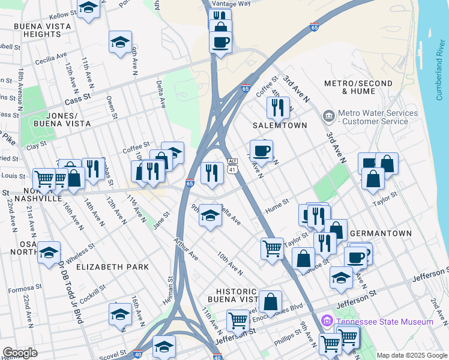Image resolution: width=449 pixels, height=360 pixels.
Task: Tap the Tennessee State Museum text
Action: click(385, 322)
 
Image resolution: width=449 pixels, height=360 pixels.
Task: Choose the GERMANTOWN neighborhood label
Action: click(381, 233)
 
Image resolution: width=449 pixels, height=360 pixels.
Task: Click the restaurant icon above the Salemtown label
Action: click(277, 108)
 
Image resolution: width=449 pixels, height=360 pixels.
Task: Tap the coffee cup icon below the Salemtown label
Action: click(261, 151)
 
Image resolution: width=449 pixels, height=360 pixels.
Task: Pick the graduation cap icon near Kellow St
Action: click(89, 8)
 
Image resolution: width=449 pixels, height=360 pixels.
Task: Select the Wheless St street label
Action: click(80, 248)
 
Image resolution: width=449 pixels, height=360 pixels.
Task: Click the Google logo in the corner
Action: click(20, 353)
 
